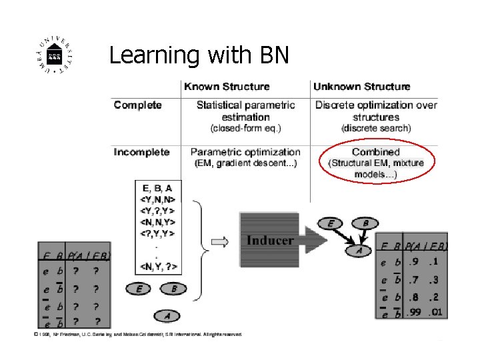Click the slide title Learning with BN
(199, 55)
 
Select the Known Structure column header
(227, 87)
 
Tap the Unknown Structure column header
(362, 87)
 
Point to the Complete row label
(138, 105)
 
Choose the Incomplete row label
(142, 152)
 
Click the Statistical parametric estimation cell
(245, 116)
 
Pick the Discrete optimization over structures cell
(376, 116)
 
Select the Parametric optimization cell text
(245, 157)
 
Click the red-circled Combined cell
(376, 163)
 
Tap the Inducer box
(270, 240)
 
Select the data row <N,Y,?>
(159, 267)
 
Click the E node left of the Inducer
(139, 289)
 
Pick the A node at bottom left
(167, 315)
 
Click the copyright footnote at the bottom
(139, 334)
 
